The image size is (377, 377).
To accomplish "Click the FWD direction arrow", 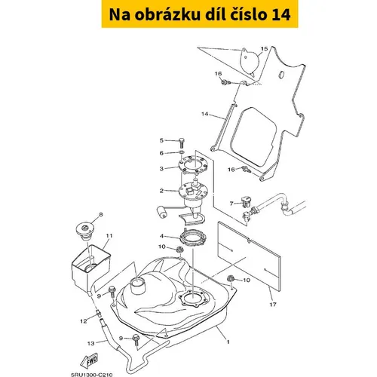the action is tap(89, 361).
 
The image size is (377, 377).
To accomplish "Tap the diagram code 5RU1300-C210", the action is tap(91, 375).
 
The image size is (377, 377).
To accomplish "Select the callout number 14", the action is tap(205, 114).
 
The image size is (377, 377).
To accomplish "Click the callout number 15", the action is tap(264, 48).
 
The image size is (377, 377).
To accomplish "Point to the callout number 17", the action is tap(273, 305).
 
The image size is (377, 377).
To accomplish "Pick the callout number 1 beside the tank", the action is tap(228, 342).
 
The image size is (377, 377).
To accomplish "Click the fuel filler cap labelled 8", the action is tap(86, 231).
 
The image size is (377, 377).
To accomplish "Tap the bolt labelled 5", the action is tap(182, 143).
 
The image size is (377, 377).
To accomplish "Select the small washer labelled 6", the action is tap(182, 152).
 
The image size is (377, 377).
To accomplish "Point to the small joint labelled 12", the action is tap(99, 313).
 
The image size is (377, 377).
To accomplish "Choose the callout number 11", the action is tap(109, 236).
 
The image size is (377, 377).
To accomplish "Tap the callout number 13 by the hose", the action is tap(90, 343).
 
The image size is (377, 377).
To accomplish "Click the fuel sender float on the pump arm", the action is tap(161, 212).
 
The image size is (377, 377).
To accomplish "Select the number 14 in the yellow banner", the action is tap(281, 15).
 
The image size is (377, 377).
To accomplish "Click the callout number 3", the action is tap(161, 169).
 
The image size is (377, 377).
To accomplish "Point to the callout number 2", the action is tap(161, 191).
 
